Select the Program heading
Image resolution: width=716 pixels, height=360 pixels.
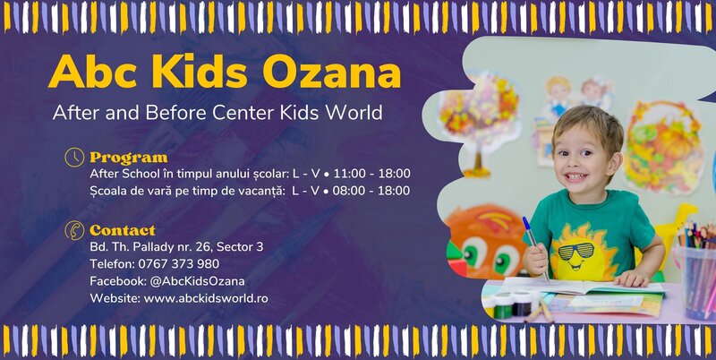coord(128,158)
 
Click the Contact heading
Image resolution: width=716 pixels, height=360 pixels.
coord(122,230)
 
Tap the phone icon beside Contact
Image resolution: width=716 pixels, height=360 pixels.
coord(75,230)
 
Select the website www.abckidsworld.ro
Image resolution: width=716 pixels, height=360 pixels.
coord(206,298)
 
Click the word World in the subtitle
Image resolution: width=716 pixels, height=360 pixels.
coord(353,114)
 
